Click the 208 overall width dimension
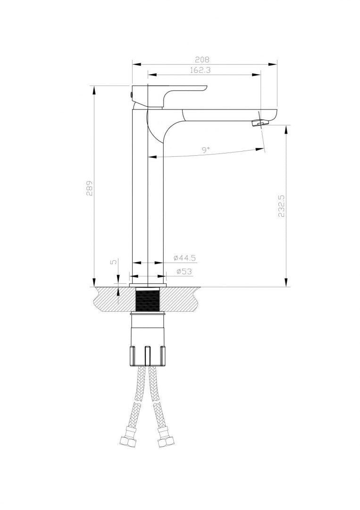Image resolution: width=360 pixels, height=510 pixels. (202, 59)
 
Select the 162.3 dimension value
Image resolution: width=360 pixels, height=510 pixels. (201, 70)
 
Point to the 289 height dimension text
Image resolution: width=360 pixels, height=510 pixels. (89, 188)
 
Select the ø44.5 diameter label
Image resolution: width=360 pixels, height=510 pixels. (184, 258)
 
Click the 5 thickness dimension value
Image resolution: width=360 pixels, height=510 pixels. (112, 263)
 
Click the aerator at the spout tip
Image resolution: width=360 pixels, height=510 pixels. (260, 123)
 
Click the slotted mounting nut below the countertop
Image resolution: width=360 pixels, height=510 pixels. (148, 355)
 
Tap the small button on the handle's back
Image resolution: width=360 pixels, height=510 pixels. (131, 95)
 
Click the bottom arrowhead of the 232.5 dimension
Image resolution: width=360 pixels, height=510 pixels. (286, 283)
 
